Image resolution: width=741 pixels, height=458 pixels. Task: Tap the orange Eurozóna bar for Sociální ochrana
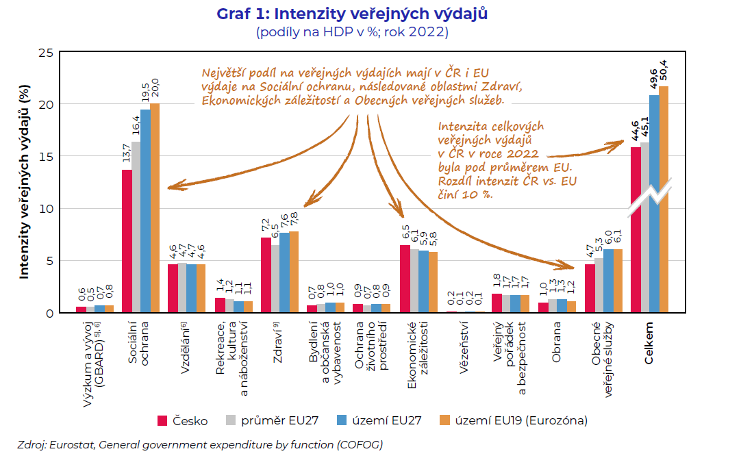click(x=155, y=208)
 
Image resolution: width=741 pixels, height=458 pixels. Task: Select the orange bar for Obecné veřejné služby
click(x=618, y=281)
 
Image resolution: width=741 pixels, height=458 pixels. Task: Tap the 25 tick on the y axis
click(x=47, y=53)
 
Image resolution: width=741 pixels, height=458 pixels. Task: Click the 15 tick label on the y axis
click(x=47, y=157)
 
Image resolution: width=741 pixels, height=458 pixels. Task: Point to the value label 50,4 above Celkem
click(x=663, y=72)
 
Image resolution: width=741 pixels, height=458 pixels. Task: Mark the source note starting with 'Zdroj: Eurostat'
click(x=200, y=444)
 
